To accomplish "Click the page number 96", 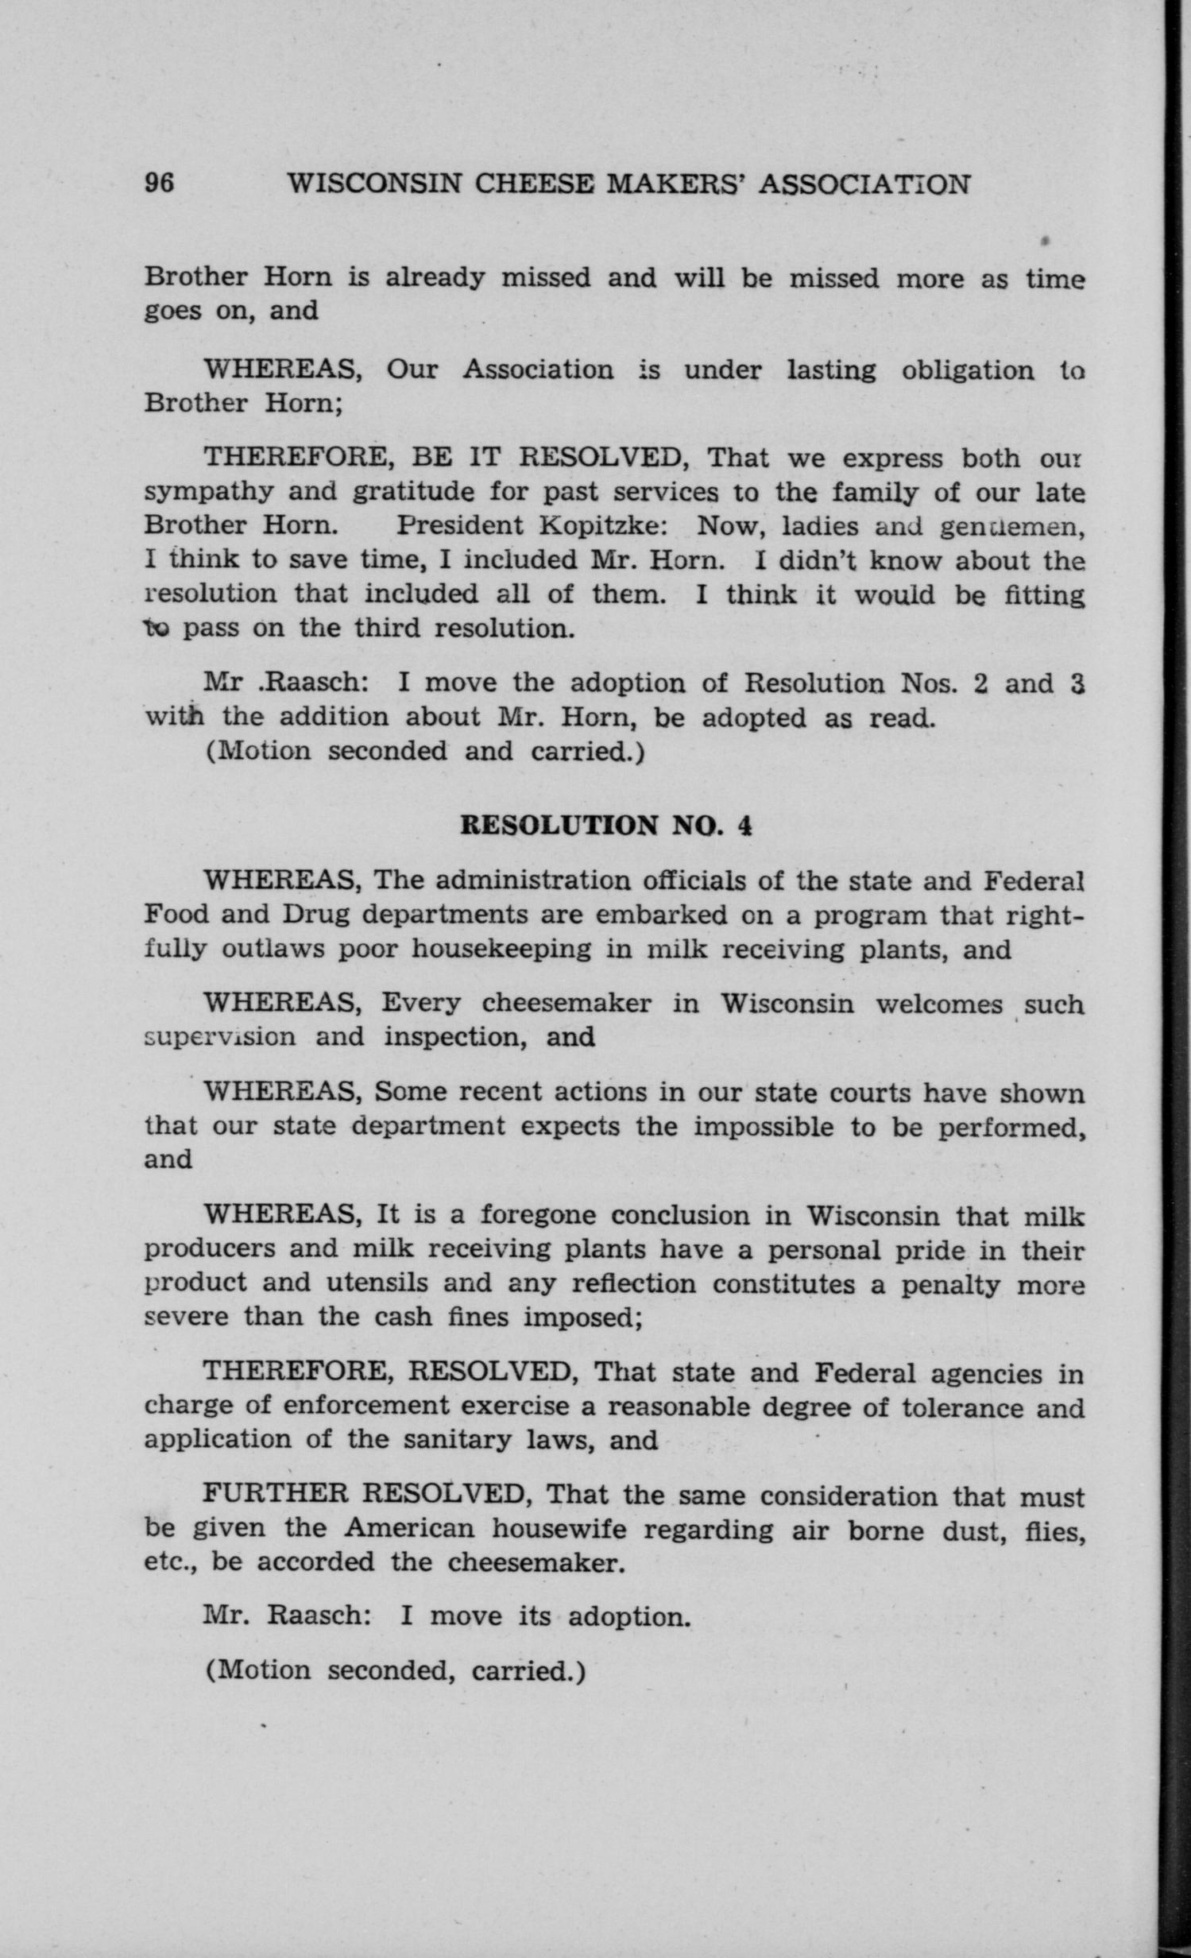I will coord(159,184).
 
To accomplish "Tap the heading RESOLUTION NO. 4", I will coord(606,826).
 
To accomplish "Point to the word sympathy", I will coord(207,493).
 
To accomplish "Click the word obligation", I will coord(968,370).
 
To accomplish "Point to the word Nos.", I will coord(928,683).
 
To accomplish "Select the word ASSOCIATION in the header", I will coord(864,184).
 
